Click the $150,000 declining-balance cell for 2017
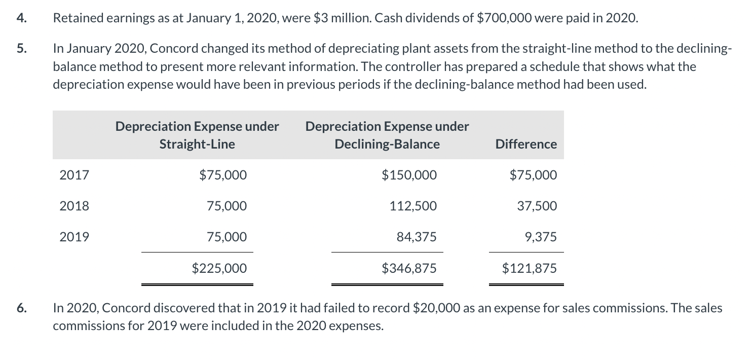click(408, 175)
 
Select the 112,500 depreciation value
click(412, 206)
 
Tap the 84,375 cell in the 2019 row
click(416, 237)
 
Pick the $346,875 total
click(408, 268)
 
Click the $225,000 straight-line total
click(219, 268)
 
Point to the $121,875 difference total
click(529, 268)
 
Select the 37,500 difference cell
click(537, 206)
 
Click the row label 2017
click(74, 175)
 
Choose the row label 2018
click(74, 206)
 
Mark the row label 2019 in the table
click(74, 237)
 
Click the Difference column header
click(526, 145)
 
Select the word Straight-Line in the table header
click(197, 145)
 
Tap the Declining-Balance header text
click(387, 145)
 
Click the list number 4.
click(20, 19)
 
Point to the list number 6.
click(20, 308)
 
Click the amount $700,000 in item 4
click(503, 19)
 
